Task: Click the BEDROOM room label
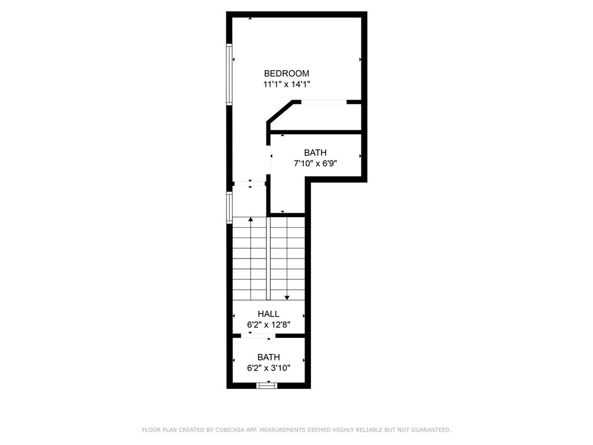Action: [286, 74]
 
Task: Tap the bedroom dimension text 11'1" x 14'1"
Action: [287, 85]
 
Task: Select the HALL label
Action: [269, 313]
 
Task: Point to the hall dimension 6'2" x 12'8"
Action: [269, 324]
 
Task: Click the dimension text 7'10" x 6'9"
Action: [316, 163]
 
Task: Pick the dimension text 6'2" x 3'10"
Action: [269, 368]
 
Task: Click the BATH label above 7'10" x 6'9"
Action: [316, 152]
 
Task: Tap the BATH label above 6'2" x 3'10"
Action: [269, 357]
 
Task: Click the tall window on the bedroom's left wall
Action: [229, 74]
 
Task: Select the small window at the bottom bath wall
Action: [267, 385]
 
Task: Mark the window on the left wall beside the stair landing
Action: [229, 207]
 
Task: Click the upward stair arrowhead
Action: [251, 219]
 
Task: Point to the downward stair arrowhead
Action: [287, 298]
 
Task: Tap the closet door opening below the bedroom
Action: [324, 102]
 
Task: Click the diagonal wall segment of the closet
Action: [280, 112]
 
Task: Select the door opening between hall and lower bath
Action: [258, 335]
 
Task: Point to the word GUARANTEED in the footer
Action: [430, 430]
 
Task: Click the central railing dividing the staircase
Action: [269, 258]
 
